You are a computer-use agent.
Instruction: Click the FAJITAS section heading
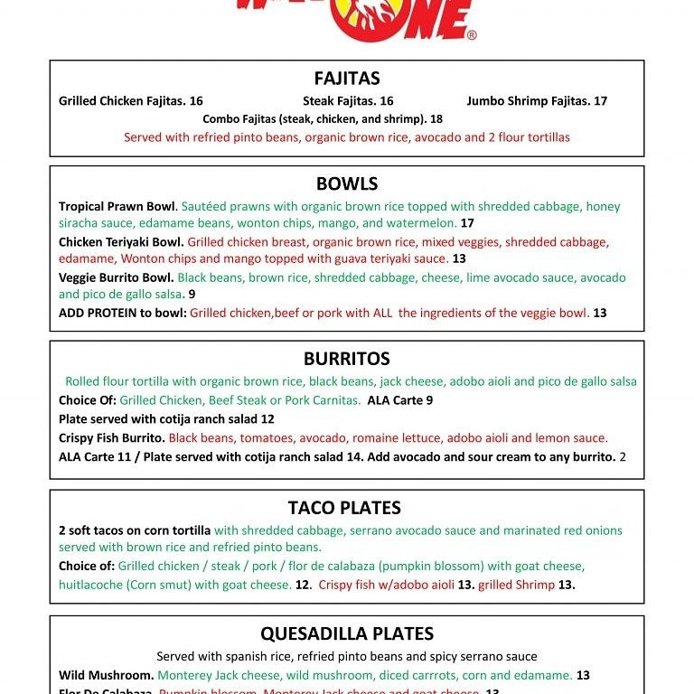[x=347, y=79]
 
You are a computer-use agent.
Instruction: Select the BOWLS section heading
[x=347, y=183]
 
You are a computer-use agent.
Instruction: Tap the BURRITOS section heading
[x=347, y=359]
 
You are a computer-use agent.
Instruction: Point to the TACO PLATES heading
[x=344, y=508]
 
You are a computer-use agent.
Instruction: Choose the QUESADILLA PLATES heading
[x=347, y=633]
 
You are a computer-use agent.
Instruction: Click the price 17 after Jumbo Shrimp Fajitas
[x=601, y=101]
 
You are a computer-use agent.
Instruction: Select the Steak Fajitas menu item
[x=343, y=101]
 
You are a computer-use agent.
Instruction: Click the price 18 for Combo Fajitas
[x=436, y=118]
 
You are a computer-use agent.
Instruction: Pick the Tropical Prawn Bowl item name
[x=117, y=206]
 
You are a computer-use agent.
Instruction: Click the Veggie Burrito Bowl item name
[x=117, y=277]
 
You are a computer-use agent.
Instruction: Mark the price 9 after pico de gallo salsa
[x=192, y=295]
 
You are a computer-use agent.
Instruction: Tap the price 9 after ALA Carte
[x=429, y=399]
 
